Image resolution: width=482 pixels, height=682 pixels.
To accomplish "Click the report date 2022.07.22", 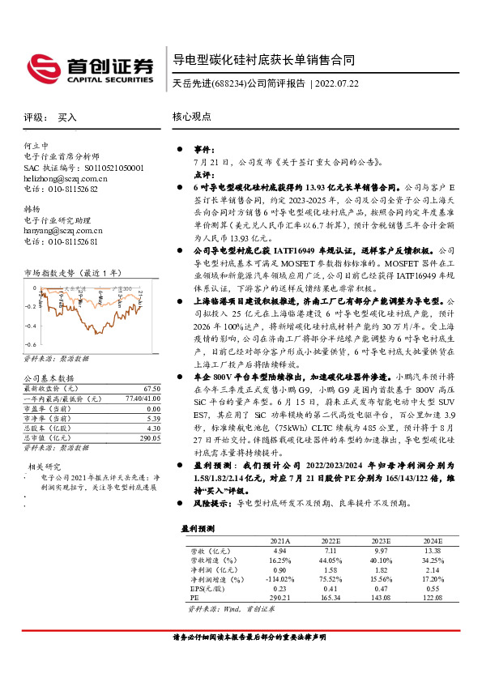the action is point(335,83).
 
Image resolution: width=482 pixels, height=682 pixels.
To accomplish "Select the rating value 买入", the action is point(67,117).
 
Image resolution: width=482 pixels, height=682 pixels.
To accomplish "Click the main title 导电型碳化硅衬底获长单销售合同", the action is point(263,61).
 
